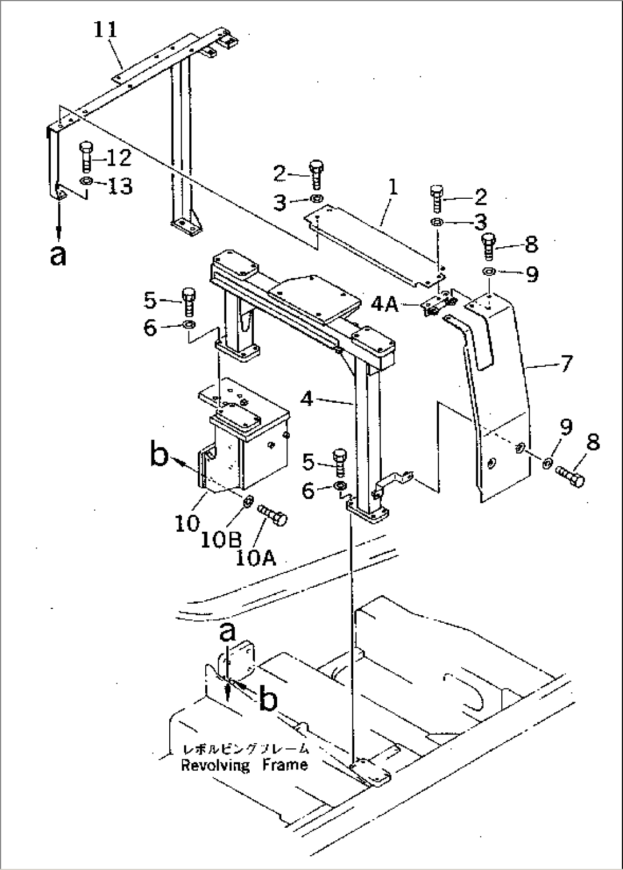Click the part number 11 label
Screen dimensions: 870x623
106,30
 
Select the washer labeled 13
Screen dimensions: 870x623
86,182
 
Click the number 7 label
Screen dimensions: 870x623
565,363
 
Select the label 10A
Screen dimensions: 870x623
256,556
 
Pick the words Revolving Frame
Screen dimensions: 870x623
244,765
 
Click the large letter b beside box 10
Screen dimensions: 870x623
160,456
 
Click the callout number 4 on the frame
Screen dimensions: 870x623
307,399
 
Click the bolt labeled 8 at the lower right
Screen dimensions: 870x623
569,476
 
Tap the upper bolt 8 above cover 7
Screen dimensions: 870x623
489,244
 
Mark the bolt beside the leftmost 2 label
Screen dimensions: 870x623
316,174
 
